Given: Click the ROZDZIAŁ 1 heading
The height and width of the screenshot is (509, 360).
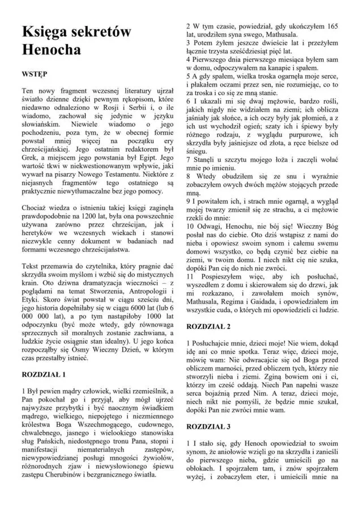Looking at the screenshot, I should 48,374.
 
